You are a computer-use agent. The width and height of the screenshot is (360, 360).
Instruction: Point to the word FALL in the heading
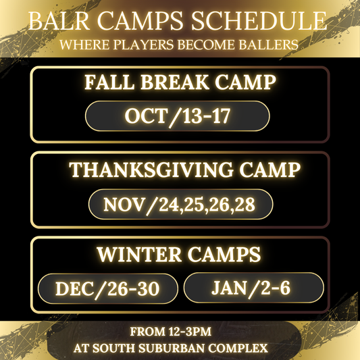click(x=111, y=83)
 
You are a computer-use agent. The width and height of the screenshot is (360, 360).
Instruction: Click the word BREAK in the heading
click(x=176, y=83)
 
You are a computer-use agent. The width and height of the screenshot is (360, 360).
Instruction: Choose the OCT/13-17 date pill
click(x=178, y=115)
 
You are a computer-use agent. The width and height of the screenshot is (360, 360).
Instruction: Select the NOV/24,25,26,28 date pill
click(x=180, y=204)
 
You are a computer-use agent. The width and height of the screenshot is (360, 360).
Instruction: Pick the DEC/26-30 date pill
click(x=108, y=289)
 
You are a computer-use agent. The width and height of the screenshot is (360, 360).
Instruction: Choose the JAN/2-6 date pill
click(x=253, y=288)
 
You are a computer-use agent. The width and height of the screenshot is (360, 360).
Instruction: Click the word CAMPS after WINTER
click(x=226, y=255)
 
